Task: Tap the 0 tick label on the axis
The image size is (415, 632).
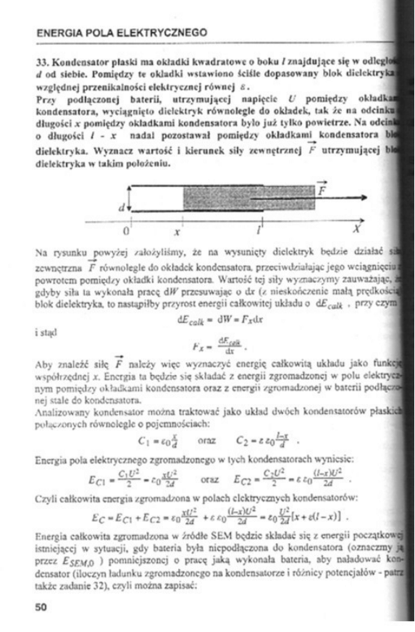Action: coord(125,232)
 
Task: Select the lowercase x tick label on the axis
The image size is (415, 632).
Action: coord(176,232)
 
